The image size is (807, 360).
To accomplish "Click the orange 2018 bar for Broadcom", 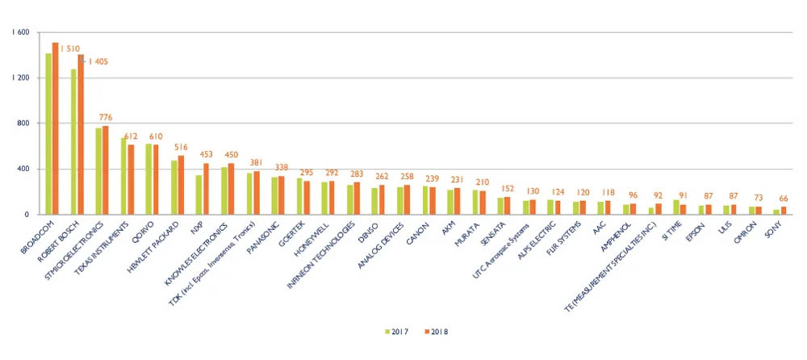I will point(55,129).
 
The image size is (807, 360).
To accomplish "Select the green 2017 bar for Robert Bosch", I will point(74,141).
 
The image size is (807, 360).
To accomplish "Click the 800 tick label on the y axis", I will point(23,123).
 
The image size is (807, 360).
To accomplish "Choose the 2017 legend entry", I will point(396,331).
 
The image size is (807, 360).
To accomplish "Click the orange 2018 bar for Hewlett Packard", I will point(180,185).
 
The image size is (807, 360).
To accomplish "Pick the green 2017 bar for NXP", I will point(199,195).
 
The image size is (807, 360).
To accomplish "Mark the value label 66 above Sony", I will point(784,199).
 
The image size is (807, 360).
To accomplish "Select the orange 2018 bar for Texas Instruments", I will point(131,179).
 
